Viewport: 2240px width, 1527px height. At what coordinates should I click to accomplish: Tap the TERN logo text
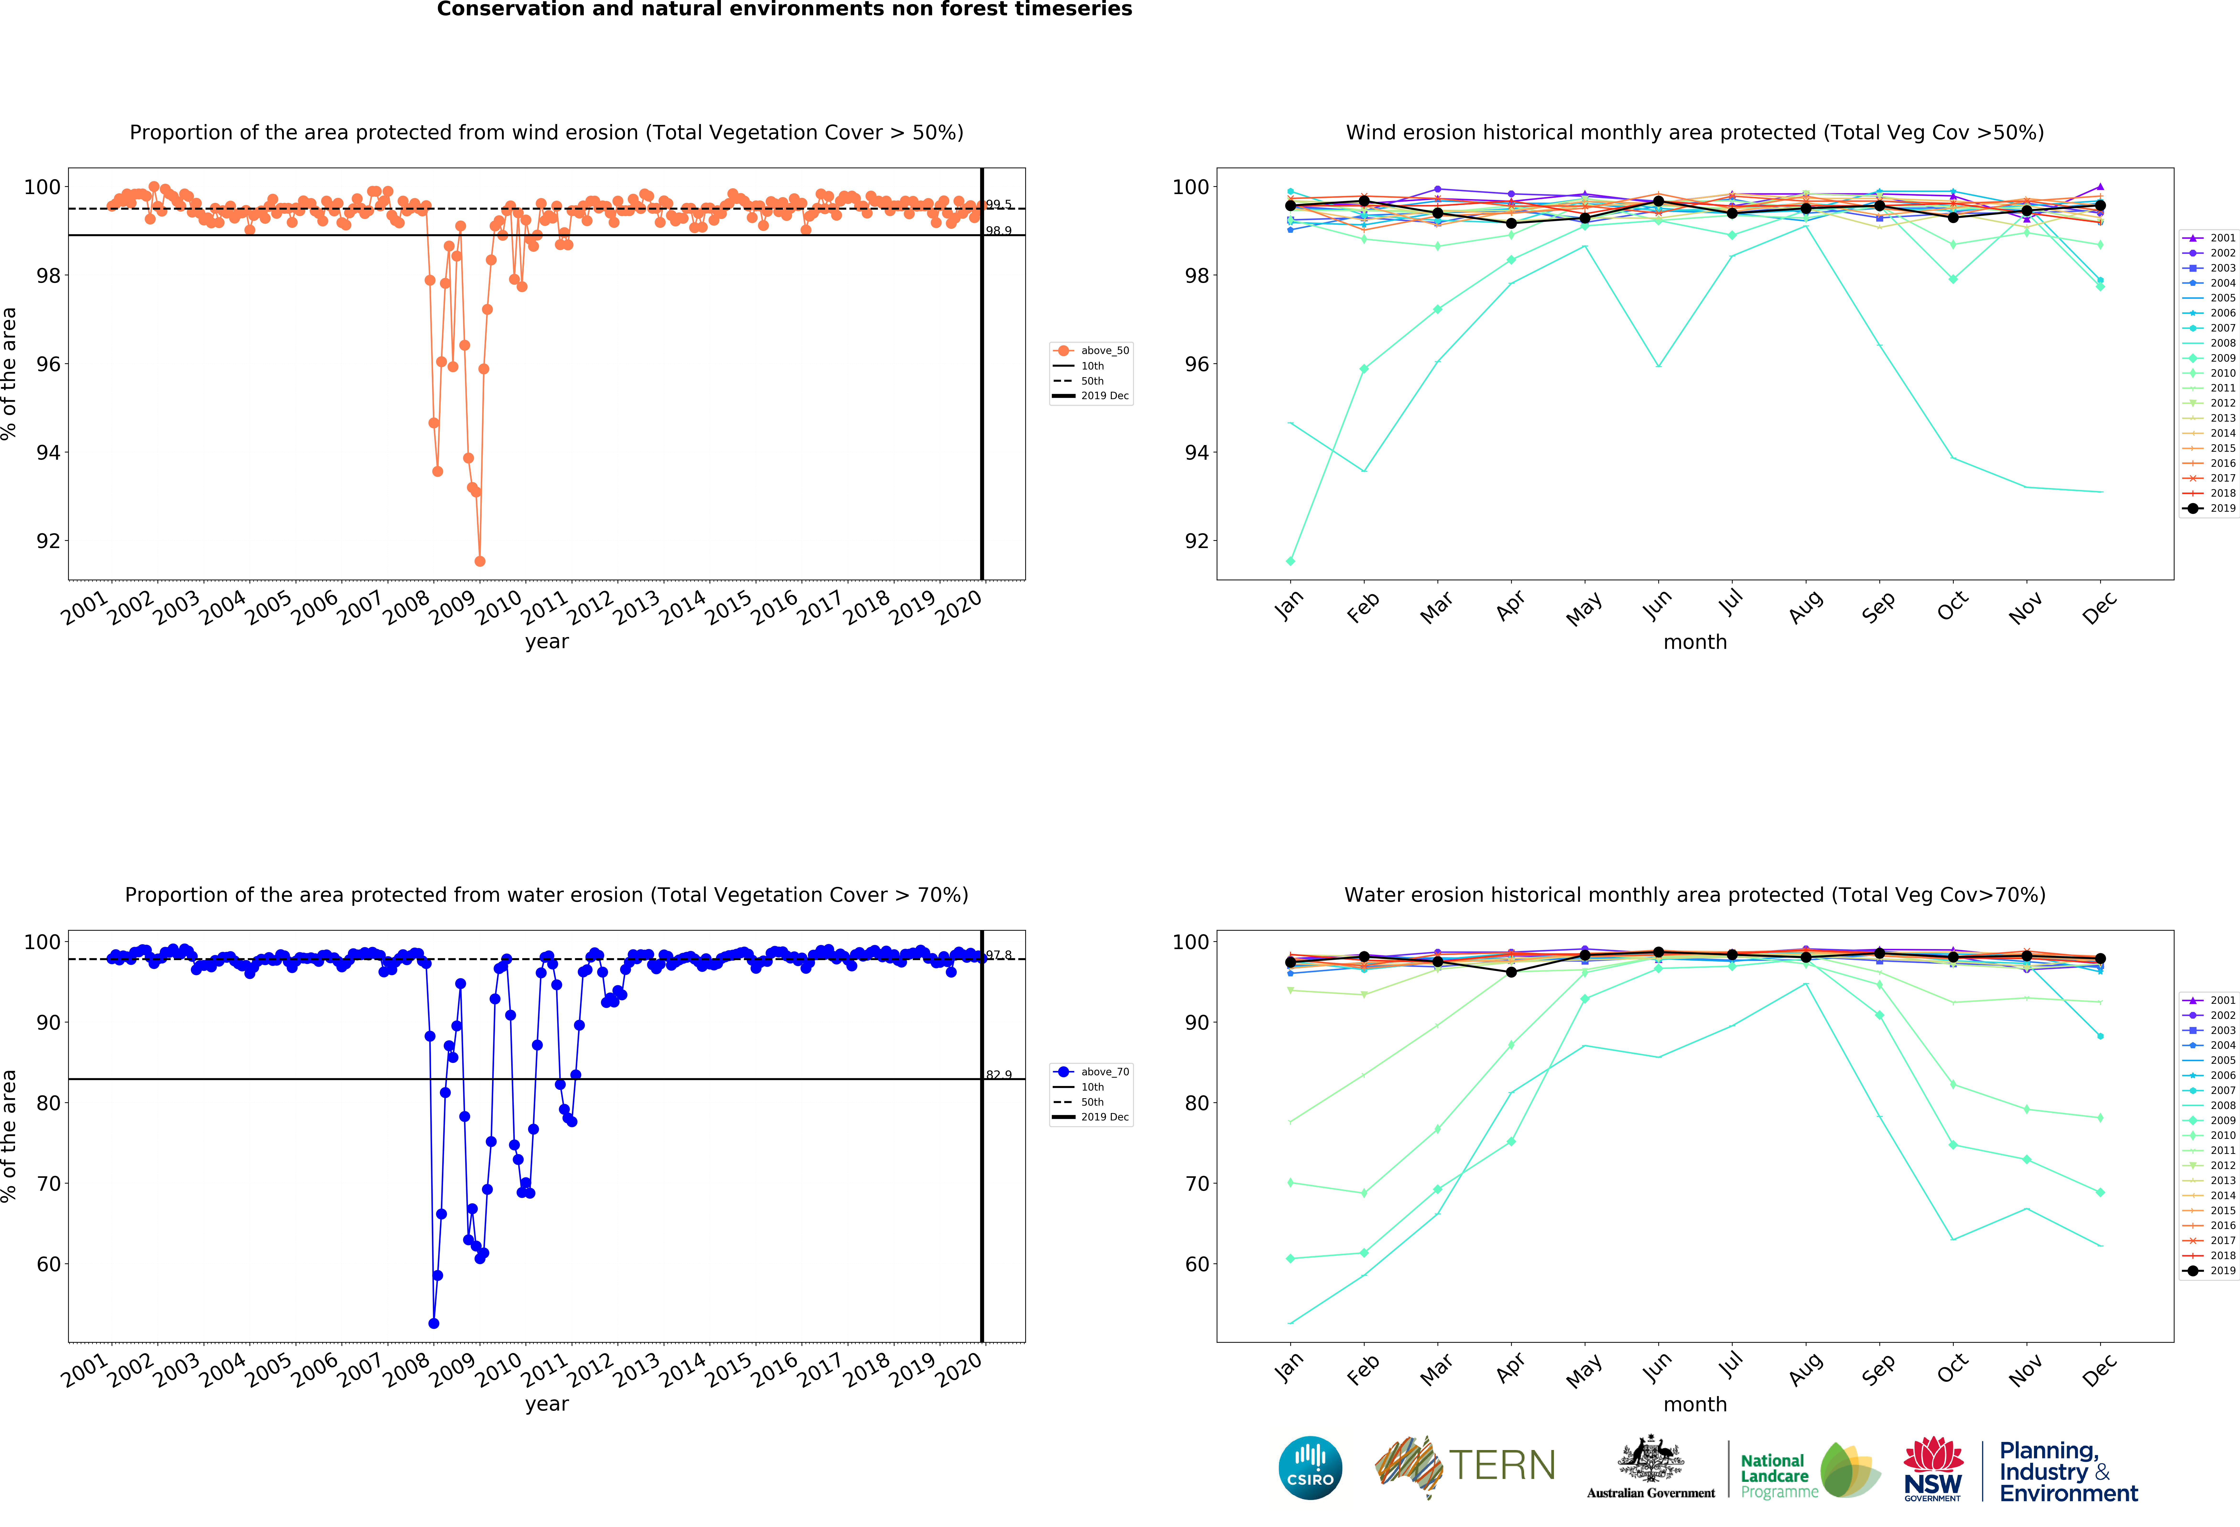point(1502,1465)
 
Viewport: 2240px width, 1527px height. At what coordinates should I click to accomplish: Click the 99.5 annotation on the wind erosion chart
point(998,204)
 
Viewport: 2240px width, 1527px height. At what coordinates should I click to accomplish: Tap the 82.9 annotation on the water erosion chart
point(998,1075)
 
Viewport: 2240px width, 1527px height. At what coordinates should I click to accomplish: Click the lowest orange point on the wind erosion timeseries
point(480,561)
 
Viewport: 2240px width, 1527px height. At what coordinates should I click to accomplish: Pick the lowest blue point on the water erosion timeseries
point(434,1324)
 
